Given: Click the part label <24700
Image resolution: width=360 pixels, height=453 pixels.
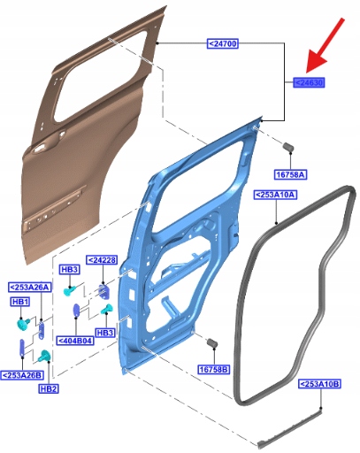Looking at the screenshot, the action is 222,43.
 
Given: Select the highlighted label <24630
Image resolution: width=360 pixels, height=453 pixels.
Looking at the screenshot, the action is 309,82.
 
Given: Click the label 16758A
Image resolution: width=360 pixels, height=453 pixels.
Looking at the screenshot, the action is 290,174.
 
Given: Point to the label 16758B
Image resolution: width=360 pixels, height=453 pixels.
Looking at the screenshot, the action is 214,369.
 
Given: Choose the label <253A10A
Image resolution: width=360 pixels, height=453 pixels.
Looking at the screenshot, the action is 275,195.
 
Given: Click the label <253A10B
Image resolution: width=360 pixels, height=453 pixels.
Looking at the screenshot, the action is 320,384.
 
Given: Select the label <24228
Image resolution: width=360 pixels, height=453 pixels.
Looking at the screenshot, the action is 102,260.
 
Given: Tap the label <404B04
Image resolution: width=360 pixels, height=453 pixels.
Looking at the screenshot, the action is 75,341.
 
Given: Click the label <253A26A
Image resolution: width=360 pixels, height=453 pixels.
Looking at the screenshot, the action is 30,287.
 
